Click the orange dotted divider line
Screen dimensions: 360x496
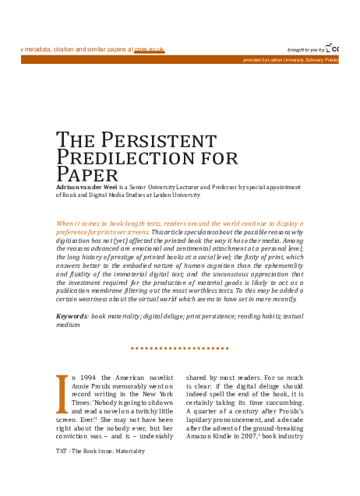[x=179, y=348]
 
